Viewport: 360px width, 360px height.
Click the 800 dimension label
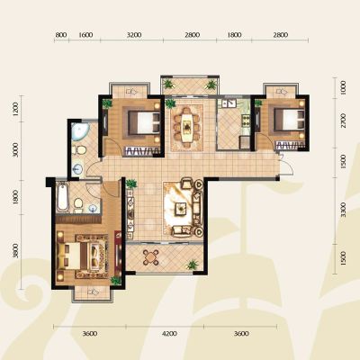61,35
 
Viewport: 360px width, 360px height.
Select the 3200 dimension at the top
134,35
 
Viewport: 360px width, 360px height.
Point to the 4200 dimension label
169,334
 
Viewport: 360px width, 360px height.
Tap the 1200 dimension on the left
16,109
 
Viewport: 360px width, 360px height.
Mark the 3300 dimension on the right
344,210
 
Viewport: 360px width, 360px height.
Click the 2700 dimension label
344,121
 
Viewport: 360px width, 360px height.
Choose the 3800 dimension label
16,251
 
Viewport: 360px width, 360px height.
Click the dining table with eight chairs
187,127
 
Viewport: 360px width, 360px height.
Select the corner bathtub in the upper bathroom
80,132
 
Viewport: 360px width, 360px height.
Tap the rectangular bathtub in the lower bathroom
63,196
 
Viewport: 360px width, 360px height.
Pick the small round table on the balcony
150,257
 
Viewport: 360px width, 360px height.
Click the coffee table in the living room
181,208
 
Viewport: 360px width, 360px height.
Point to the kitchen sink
229,103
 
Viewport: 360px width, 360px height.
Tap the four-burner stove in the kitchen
246,121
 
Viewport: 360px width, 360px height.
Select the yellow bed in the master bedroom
76,256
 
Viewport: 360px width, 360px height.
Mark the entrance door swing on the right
287,164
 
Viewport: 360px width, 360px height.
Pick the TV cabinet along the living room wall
130,214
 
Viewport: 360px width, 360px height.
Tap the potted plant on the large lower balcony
192,265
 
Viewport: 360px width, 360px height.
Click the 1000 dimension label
344,88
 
